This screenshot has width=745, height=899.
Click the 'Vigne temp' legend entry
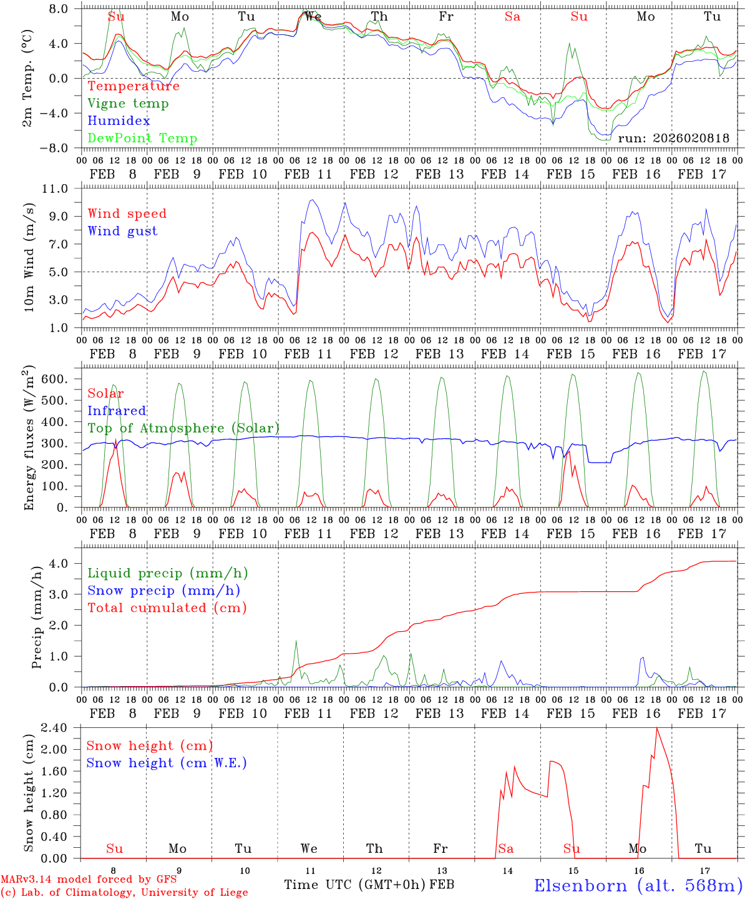click(x=128, y=104)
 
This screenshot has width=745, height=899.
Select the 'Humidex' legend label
click(x=119, y=121)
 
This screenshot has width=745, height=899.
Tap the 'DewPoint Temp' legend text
click(x=142, y=139)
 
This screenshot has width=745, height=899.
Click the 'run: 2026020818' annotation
click(x=673, y=139)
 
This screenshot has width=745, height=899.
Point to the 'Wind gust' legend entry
click(x=122, y=231)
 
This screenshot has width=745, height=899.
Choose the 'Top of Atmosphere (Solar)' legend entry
click(x=183, y=428)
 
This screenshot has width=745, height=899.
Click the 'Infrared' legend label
click(x=117, y=411)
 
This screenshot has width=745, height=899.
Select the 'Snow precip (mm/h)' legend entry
click(x=163, y=591)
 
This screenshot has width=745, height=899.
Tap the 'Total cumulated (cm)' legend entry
click(x=167, y=608)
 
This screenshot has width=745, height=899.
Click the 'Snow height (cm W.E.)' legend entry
click(x=167, y=763)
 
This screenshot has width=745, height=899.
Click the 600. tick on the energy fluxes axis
click(x=63, y=380)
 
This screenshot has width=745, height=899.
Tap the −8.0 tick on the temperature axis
click(x=62, y=149)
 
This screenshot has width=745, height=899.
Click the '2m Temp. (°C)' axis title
click(x=27, y=78)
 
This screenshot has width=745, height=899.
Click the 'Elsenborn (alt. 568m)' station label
click(x=638, y=885)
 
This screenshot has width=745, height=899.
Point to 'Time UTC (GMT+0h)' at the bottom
click(x=355, y=885)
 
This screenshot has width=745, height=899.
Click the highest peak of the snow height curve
click(x=656, y=728)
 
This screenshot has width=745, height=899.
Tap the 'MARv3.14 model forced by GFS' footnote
click(x=89, y=880)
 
